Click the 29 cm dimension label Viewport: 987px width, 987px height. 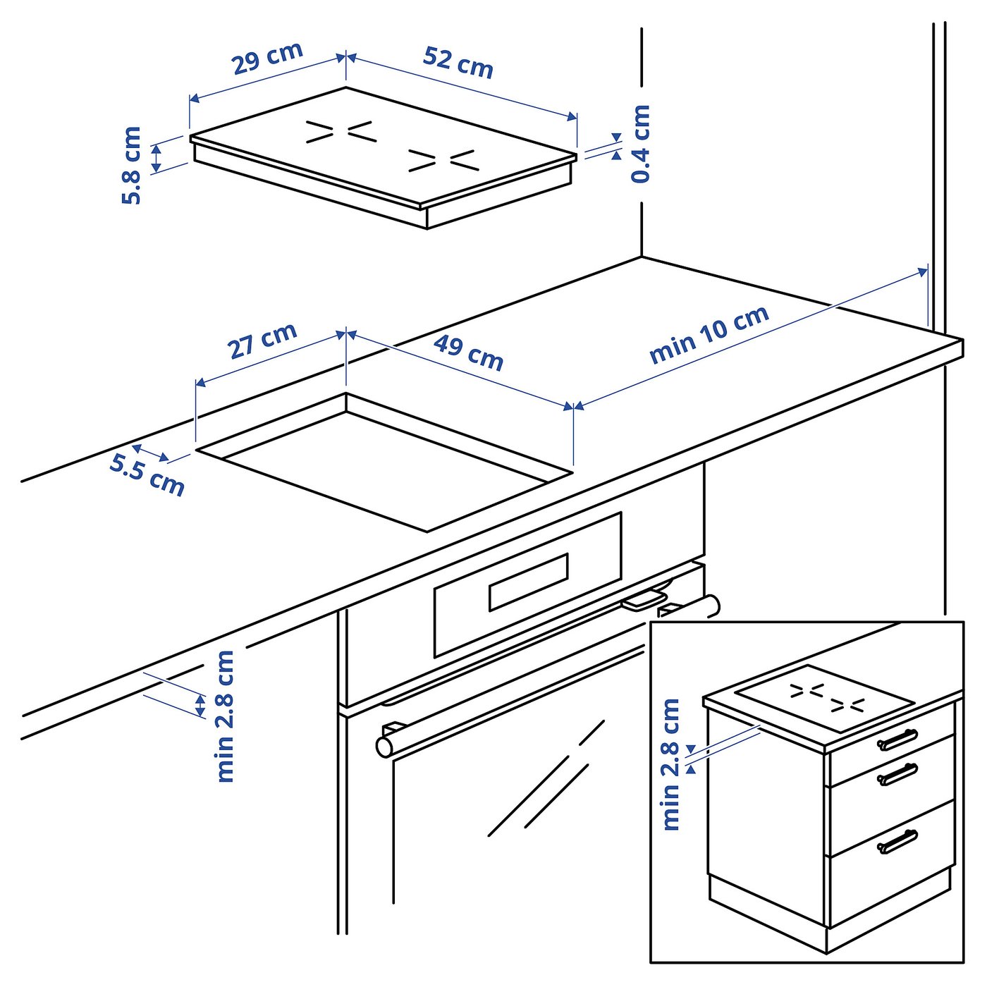(268, 58)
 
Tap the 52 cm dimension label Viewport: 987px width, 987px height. (458, 62)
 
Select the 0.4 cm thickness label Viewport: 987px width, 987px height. (640, 144)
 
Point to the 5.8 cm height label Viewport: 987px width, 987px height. (132, 166)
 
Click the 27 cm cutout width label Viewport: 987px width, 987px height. (262, 341)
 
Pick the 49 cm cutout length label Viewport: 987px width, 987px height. (469, 352)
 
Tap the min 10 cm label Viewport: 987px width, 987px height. (709, 334)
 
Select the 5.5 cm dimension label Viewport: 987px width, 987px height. (147, 475)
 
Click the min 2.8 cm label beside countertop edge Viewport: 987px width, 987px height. (225, 716)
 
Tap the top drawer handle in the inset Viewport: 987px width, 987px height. (897, 739)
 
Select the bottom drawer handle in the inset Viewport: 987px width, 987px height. (897, 841)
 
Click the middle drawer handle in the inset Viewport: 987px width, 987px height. (897, 774)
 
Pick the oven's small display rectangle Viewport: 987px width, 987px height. (529, 582)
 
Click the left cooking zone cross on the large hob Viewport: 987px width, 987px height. (339, 132)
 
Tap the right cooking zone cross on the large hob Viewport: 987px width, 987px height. (443, 161)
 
